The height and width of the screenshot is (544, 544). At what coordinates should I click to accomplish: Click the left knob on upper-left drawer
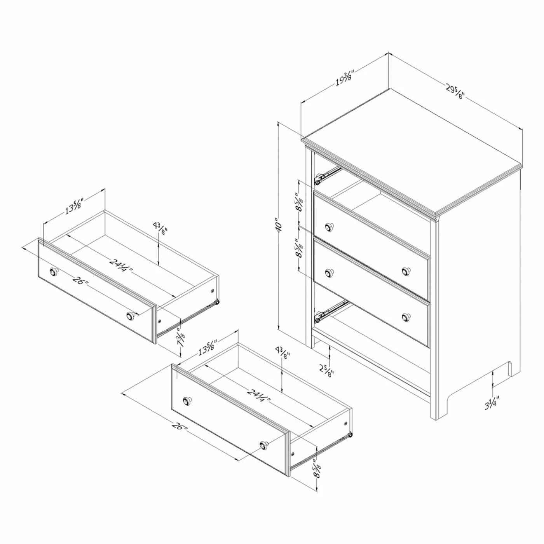click(53, 272)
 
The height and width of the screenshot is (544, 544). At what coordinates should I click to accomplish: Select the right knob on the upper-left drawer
click(131, 316)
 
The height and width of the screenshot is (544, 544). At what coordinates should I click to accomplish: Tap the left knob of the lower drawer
click(187, 400)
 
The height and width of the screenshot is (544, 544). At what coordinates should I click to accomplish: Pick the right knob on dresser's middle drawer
click(406, 271)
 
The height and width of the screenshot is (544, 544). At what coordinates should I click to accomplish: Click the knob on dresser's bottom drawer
click(406, 316)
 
